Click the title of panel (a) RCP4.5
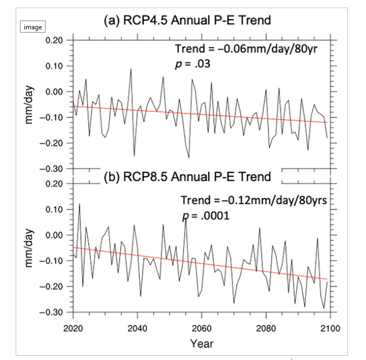click(x=187, y=21)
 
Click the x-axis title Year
click(x=201, y=343)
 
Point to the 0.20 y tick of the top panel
click(x=55, y=40)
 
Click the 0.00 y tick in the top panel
click(x=55, y=91)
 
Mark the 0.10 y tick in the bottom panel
click(x=55, y=209)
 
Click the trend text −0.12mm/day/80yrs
click(x=254, y=200)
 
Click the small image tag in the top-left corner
click(x=32, y=27)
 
